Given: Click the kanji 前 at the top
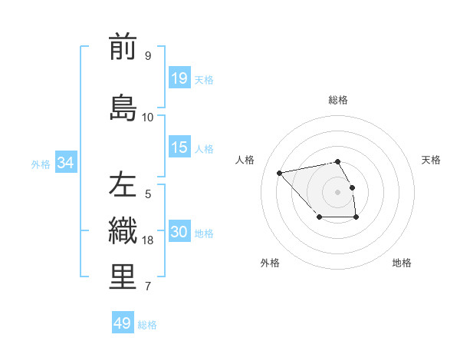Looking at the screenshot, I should click(x=123, y=47).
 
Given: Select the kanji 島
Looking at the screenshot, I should click(x=123, y=108).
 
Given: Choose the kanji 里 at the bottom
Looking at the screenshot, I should click(x=123, y=277).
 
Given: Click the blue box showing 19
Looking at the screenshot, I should click(x=179, y=78).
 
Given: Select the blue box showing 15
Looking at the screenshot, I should click(x=179, y=147).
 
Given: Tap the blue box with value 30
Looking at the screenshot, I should click(x=179, y=233).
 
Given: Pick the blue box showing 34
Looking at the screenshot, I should click(x=65, y=163).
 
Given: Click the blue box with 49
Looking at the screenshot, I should click(x=123, y=323).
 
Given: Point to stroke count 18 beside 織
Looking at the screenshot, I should click(x=149, y=240).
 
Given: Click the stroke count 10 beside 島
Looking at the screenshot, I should click(x=148, y=118).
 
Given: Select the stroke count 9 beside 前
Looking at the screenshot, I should click(x=148, y=56).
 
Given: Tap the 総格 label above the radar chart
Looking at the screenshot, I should click(x=338, y=100).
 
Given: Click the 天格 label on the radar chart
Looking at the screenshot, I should click(x=431, y=160).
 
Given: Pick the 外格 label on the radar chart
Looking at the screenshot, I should click(x=270, y=263).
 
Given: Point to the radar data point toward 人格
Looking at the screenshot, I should click(x=280, y=172).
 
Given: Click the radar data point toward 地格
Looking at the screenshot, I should click(x=356, y=217).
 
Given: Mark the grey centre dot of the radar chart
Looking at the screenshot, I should click(x=337, y=191).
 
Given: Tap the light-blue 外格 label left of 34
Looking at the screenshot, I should click(x=40, y=164).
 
